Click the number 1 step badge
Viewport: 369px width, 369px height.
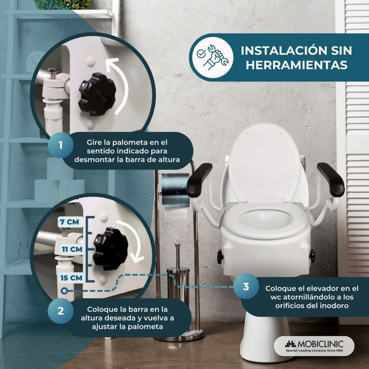(60, 145)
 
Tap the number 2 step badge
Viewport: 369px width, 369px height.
(60, 311)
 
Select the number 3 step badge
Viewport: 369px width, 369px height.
(246, 286)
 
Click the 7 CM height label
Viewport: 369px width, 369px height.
(70, 222)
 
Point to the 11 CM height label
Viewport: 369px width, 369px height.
(72, 249)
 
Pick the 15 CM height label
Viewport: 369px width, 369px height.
(71, 278)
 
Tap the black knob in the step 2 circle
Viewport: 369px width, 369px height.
(110, 249)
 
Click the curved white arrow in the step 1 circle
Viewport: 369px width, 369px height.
(122, 84)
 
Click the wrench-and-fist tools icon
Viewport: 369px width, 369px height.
(213, 57)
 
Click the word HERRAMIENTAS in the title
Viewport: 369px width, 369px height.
(297, 65)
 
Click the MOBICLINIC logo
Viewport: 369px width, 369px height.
(314, 346)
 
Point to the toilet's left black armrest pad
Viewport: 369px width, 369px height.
(199, 180)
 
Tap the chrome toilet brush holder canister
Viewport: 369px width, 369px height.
(178, 283)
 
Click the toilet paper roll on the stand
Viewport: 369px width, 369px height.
(175, 190)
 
